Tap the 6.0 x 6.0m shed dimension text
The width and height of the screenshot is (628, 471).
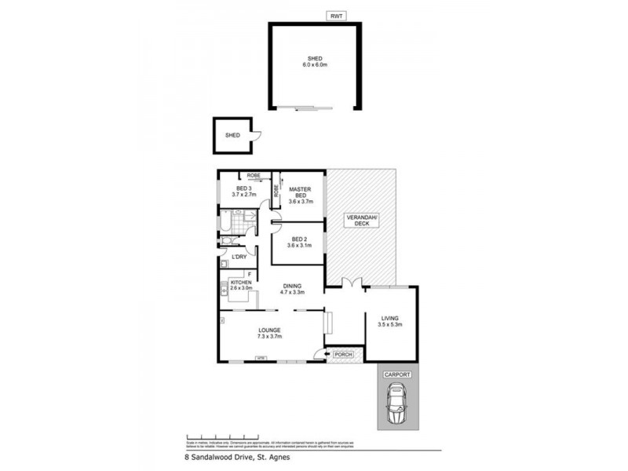pyautogui.click(x=314, y=64)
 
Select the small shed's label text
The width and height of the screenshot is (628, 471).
pyautogui.click(x=232, y=135)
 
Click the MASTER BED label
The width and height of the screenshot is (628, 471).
pyautogui.click(x=301, y=192)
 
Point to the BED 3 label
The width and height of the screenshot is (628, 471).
pyautogui.click(x=243, y=189)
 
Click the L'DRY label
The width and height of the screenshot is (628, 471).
pyautogui.click(x=239, y=256)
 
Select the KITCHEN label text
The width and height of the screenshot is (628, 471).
pyautogui.click(x=241, y=281)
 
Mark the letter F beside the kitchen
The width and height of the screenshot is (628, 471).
pyautogui.click(x=249, y=273)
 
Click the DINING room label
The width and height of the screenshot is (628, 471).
pyautogui.click(x=291, y=287)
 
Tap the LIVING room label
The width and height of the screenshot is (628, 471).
pyautogui.click(x=390, y=318)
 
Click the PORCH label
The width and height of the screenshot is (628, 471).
pyautogui.click(x=343, y=355)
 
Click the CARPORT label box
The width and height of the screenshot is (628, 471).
pyautogui.click(x=397, y=375)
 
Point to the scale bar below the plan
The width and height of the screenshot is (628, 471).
pyautogui.click(x=221, y=436)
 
